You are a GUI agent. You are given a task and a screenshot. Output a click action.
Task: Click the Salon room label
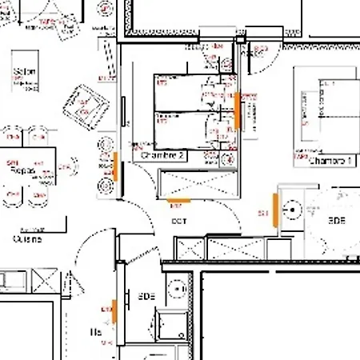click(22, 72)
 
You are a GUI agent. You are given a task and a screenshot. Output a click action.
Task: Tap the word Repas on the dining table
click(25, 170)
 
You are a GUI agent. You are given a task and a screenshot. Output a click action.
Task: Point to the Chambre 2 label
click(163, 156)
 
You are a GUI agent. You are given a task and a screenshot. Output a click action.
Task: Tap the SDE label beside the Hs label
click(146, 295)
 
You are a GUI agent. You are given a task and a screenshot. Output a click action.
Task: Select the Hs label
click(96, 331)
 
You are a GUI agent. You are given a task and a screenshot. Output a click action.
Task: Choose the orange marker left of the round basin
click(275, 210)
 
